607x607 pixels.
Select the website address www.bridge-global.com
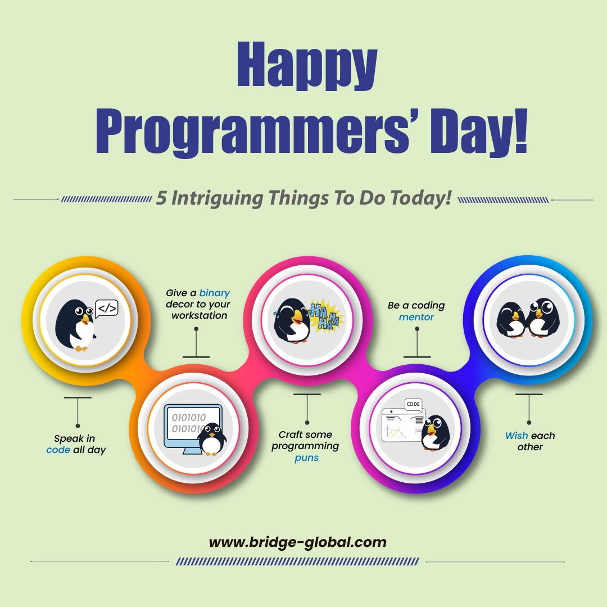[297, 542]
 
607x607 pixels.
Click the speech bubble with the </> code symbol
[106, 309]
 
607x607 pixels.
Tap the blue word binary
[214, 293]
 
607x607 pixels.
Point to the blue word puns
[306, 457]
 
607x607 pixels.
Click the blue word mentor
[416, 317]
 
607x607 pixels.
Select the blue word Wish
[516, 436]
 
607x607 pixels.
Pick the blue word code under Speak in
[58, 450]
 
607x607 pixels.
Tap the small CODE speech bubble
[413, 405]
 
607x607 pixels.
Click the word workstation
[200, 315]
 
